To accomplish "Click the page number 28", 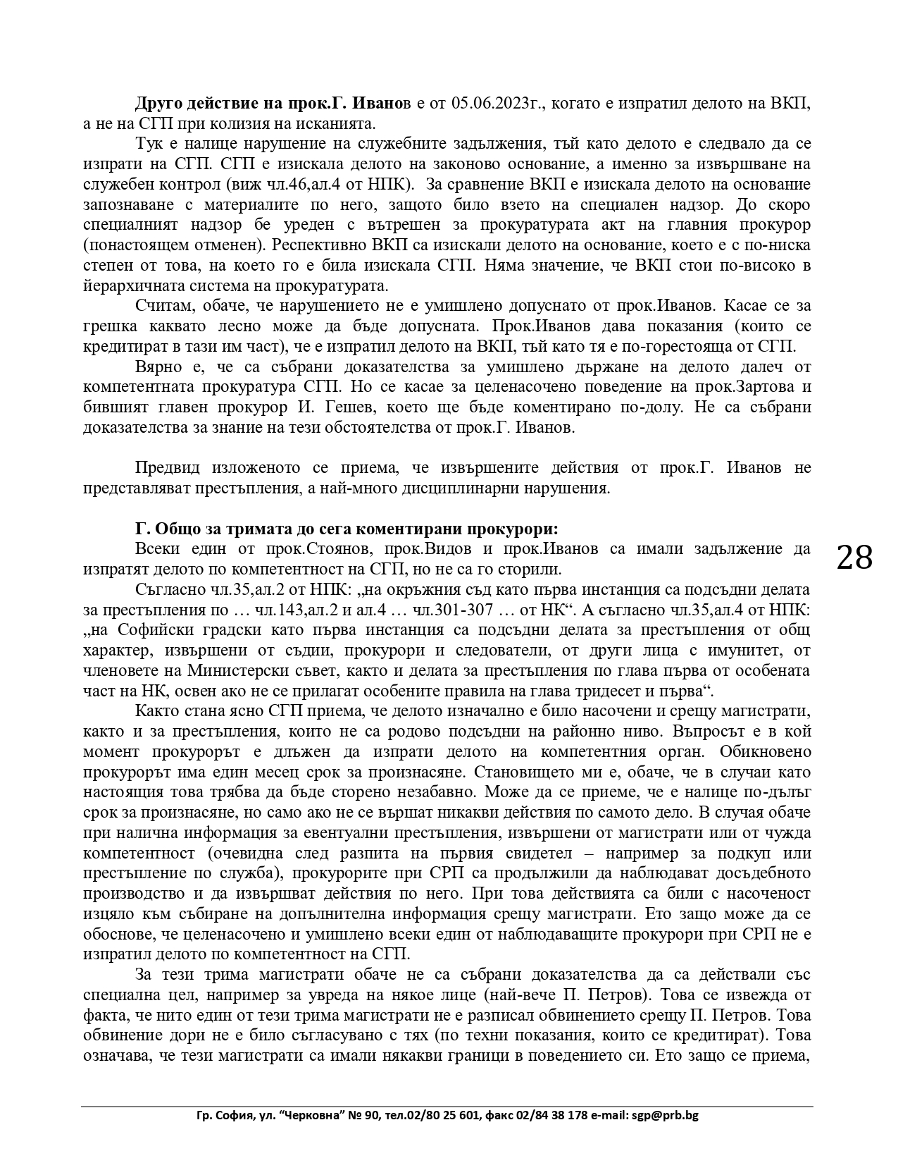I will (854, 558).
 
